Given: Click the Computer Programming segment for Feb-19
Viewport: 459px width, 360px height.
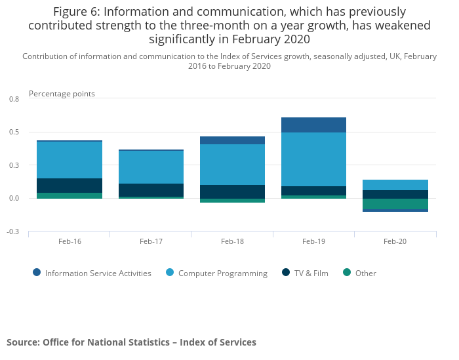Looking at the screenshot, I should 313,159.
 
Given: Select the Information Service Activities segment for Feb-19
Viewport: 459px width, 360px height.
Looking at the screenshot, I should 313,125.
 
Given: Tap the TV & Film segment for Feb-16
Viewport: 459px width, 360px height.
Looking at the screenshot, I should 70,186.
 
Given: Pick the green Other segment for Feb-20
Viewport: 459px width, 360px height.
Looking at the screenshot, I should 395,204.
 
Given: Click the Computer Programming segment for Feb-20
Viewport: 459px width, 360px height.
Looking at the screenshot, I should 395,185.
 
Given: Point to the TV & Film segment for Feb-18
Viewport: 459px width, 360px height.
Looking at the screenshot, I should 232,191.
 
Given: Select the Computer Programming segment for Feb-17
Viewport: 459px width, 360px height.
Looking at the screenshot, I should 151,167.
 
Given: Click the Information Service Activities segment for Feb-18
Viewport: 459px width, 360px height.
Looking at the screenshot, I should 232,140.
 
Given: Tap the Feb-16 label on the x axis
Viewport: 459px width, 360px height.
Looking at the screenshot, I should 70,241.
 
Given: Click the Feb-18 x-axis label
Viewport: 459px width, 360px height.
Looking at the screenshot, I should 232,241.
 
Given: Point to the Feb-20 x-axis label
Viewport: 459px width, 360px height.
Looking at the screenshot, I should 395,241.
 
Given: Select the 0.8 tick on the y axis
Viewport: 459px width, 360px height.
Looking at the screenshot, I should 14,99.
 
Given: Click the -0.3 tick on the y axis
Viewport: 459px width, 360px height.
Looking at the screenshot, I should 13,231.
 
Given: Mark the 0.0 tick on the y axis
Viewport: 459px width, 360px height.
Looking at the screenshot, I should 14,198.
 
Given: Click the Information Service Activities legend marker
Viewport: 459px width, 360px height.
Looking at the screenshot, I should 37,273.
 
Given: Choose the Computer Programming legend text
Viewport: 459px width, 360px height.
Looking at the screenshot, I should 223,273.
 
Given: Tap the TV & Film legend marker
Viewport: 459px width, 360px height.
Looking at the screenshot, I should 285,273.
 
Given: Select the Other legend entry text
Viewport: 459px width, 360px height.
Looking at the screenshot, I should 366,273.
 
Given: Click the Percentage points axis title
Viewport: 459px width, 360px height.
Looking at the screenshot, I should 62,94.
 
